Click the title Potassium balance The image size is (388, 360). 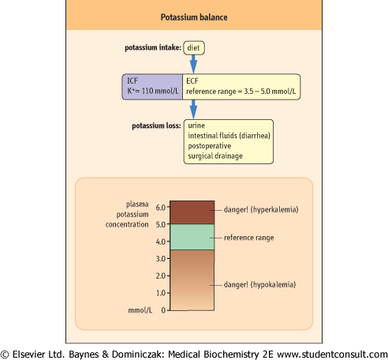[194, 17]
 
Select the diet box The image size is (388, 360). [194, 48]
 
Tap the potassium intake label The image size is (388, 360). [153, 47]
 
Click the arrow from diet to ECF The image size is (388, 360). [193, 64]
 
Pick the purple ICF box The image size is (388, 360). [152, 87]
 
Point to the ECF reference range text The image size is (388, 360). [241, 92]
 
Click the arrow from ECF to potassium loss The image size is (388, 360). [193, 110]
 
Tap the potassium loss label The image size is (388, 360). [156, 126]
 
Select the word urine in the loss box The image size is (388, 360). [196, 126]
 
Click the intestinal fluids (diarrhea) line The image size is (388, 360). [229, 136]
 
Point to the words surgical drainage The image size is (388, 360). [215, 156]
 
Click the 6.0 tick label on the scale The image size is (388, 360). [161, 208]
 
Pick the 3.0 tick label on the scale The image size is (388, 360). [161, 259]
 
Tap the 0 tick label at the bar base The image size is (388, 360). [163, 310]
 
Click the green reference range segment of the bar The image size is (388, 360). [192, 237]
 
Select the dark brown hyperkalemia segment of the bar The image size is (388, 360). [192, 212]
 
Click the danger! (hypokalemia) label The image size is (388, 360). [259, 285]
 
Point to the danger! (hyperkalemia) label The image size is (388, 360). [261, 210]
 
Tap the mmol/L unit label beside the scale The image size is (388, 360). [140, 310]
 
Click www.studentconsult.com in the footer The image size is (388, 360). [332, 354]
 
